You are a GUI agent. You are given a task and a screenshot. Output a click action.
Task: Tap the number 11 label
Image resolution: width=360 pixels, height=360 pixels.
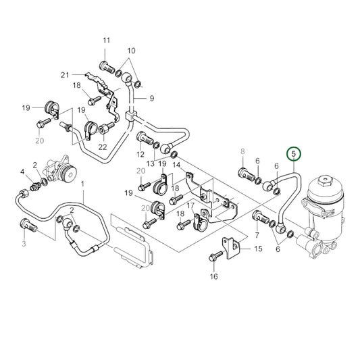tap(105, 42)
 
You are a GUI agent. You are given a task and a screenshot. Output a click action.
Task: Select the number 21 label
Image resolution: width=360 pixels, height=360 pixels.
tap(65, 74)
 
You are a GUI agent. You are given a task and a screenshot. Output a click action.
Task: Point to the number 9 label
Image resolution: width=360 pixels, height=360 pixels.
tap(152, 98)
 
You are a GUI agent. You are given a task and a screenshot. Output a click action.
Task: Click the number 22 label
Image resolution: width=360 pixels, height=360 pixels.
tap(103, 148)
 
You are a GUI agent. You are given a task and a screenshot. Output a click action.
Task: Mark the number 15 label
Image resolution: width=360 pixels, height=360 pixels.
tap(257, 249)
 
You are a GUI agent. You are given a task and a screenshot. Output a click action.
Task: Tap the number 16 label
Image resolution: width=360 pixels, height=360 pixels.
tap(213, 276)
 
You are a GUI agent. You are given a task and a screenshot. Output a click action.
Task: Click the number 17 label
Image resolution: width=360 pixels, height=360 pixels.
tap(190, 205)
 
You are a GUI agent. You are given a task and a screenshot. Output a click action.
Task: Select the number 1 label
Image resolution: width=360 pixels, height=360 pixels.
tap(82, 184)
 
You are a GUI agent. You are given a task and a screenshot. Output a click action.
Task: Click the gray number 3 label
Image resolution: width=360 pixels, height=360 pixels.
tap(24, 243)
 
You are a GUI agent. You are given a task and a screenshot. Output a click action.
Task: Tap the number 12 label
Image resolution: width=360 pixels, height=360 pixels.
tap(141, 155)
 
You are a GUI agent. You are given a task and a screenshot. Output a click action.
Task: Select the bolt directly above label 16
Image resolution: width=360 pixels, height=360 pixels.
tap(215, 257)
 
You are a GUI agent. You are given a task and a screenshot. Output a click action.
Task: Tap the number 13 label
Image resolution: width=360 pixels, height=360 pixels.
tap(151, 164)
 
